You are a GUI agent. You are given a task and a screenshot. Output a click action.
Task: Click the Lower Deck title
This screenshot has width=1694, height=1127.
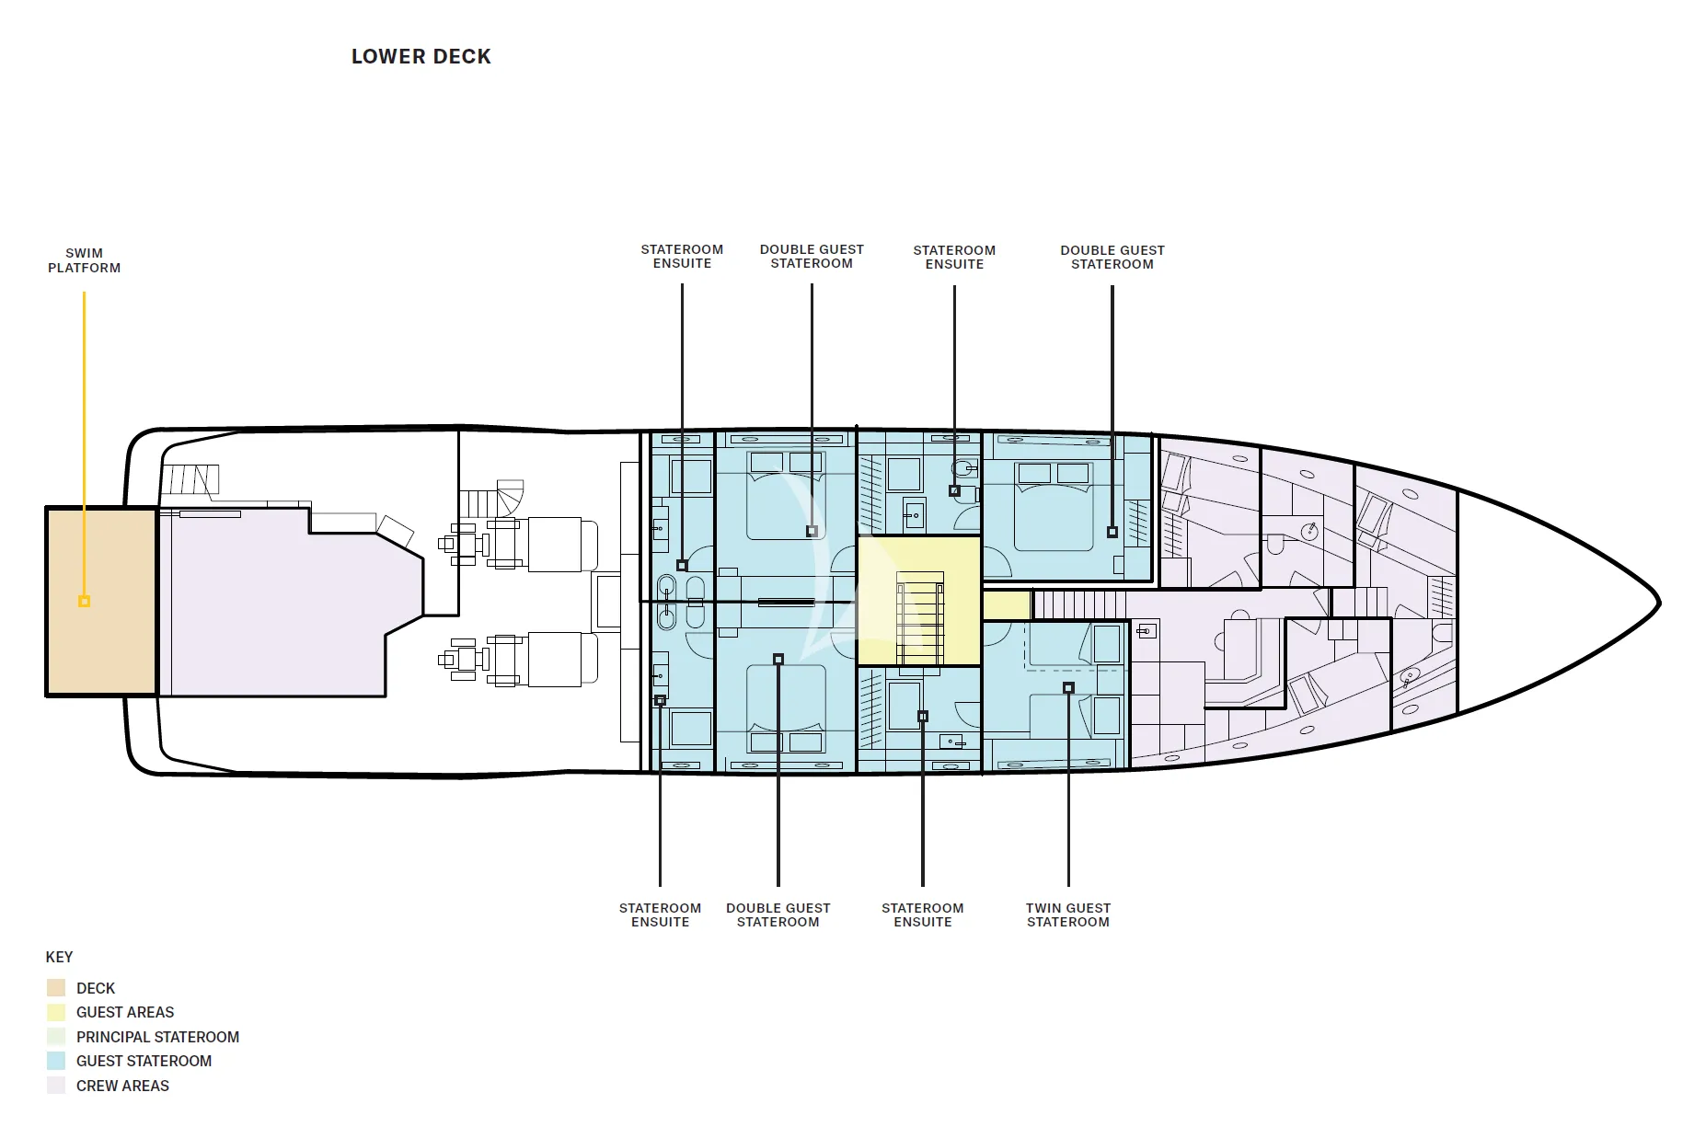[421, 57]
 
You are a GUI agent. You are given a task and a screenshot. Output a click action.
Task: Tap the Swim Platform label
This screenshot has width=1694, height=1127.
[85, 260]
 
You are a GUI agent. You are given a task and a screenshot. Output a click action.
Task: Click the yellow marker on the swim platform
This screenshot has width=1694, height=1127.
[84, 602]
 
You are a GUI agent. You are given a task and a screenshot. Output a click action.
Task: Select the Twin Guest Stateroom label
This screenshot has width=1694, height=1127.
[1068, 914]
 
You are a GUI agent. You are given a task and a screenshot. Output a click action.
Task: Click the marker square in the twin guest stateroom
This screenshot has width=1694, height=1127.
[1068, 688]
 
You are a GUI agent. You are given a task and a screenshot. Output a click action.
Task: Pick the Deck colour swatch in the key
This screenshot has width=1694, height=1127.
[56, 988]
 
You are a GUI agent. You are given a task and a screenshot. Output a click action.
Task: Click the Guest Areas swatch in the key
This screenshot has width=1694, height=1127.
[56, 1012]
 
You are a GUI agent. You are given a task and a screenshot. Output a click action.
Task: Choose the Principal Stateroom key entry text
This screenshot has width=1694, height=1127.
[157, 1037]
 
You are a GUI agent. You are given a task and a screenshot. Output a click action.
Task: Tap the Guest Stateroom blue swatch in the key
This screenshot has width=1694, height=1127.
[56, 1061]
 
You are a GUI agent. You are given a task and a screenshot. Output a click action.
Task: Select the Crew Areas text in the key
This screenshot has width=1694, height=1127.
[122, 1086]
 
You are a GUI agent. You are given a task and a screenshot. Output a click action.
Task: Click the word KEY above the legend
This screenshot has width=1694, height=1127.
[59, 957]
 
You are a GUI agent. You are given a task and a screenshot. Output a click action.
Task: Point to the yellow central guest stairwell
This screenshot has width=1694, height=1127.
[918, 601]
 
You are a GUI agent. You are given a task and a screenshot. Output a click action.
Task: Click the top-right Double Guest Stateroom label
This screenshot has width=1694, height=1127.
[1112, 257]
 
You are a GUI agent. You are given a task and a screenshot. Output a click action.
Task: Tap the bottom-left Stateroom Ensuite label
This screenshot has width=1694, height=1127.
[660, 914]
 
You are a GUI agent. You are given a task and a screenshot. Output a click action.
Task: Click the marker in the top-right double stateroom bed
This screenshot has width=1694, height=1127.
[1112, 532]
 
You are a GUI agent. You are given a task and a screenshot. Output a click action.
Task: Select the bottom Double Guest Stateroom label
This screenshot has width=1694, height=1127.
[778, 914]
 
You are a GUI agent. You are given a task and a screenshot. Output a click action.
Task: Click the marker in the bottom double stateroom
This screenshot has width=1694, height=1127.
[778, 660]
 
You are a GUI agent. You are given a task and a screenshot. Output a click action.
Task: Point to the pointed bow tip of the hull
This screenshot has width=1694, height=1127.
[1658, 604]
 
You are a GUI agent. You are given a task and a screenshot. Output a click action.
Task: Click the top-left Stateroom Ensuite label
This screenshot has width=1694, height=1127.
[682, 256]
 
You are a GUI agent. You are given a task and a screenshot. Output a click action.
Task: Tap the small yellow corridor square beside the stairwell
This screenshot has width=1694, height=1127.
[1006, 605]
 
